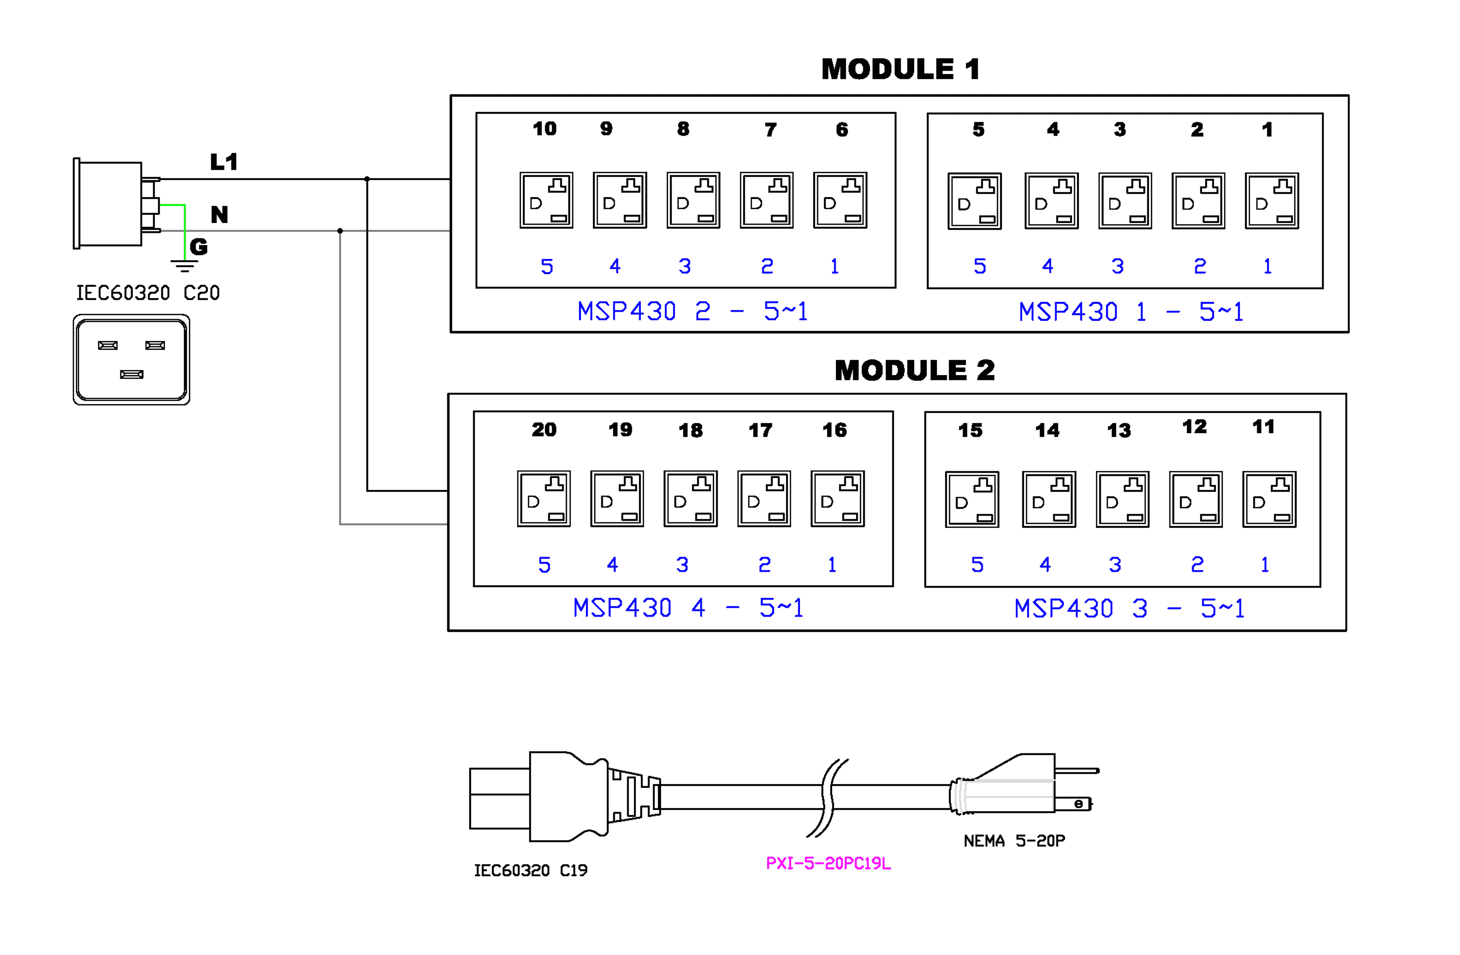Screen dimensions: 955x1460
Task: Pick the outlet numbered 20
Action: point(544,499)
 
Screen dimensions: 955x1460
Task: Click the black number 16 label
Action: point(834,430)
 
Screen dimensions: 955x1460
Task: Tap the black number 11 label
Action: point(1263,427)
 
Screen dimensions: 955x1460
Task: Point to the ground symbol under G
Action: point(184,266)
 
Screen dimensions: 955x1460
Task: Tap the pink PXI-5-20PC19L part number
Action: point(828,864)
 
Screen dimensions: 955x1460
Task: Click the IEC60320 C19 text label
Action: point(531,870)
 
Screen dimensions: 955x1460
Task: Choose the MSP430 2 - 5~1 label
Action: point(693,312)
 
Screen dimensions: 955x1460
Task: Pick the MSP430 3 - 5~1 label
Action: point(1129,608)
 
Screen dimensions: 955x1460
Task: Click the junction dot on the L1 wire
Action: point(367,179)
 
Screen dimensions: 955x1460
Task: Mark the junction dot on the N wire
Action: point(340,231)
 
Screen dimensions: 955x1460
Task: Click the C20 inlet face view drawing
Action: point(131,359)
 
